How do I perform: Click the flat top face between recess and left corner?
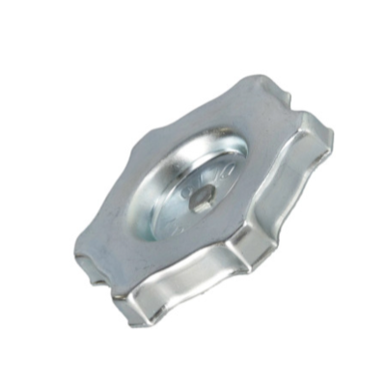(x=116, y=236)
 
